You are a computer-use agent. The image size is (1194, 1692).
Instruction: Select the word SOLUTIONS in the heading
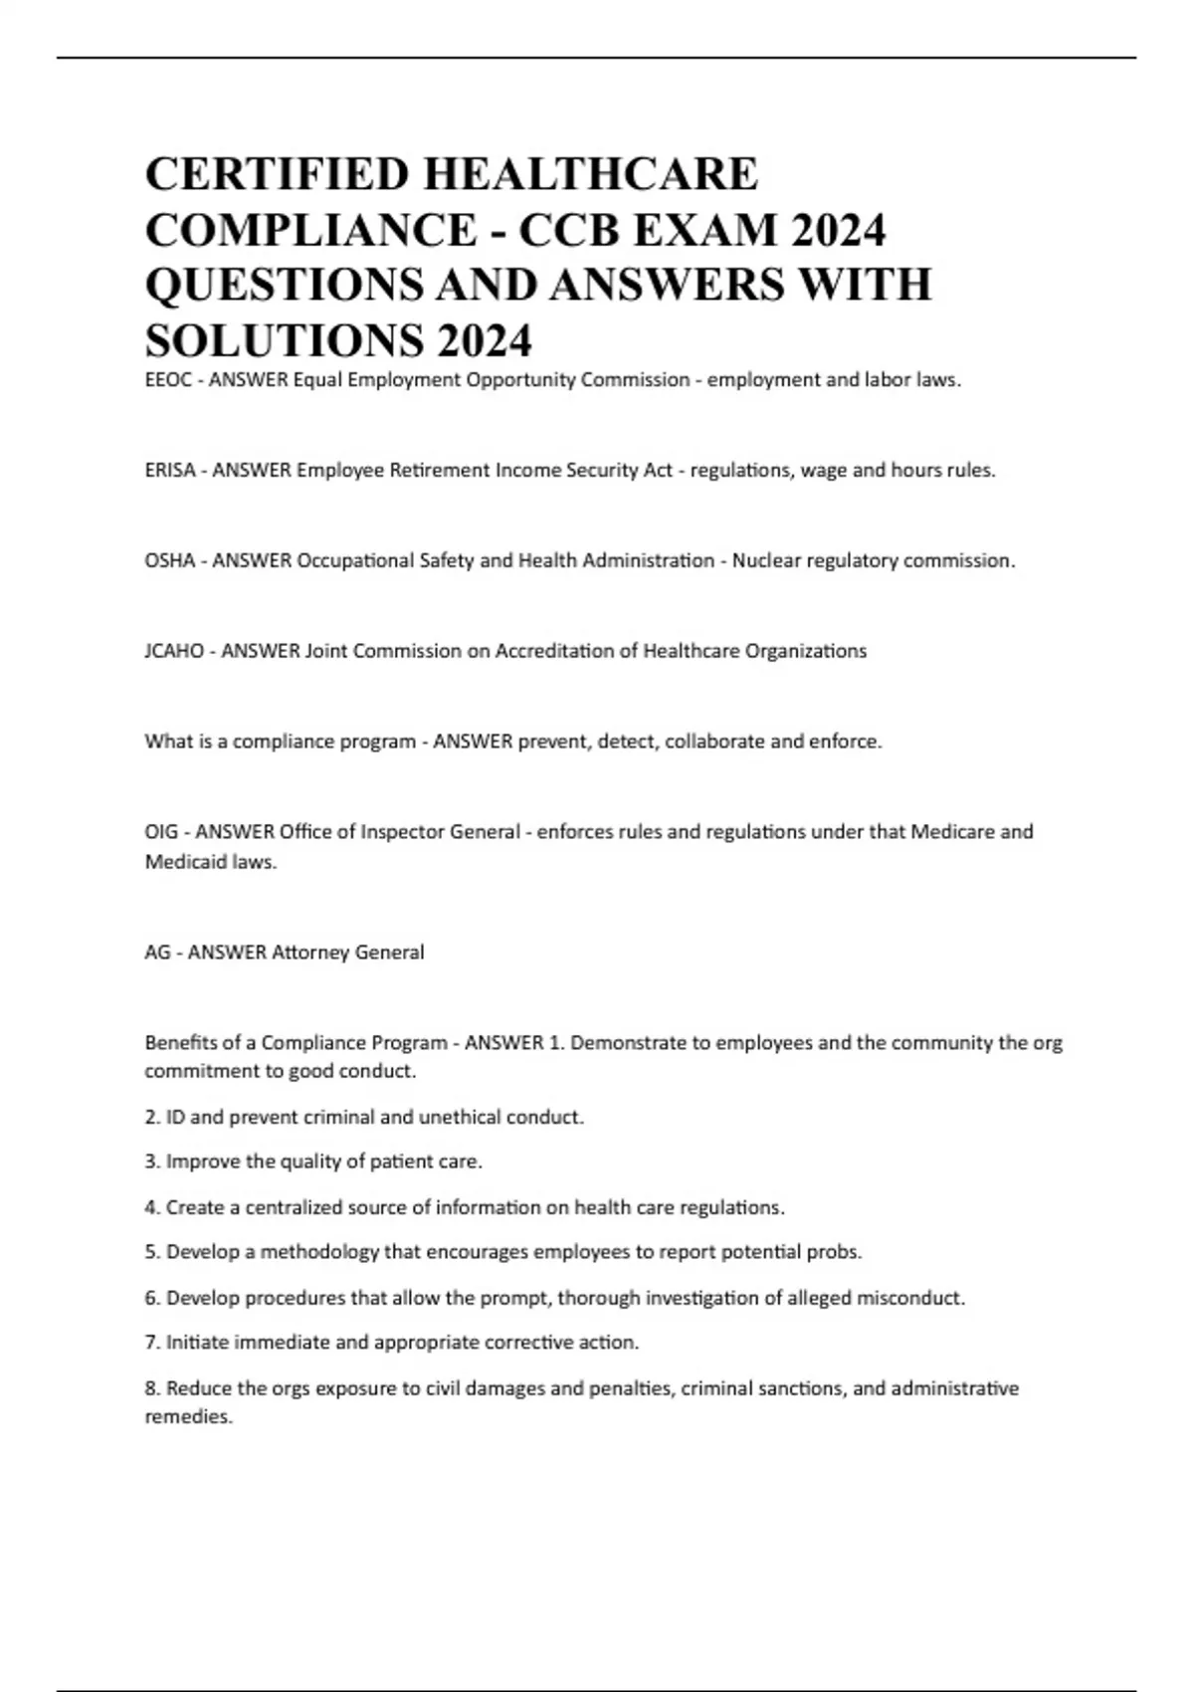(281, 341)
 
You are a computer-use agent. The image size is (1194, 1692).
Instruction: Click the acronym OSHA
(170, 561)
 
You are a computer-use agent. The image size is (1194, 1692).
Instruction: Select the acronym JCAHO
(174, 652)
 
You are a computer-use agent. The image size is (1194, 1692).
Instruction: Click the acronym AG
(157, 952)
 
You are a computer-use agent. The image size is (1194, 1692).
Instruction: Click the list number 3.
(151, 1162)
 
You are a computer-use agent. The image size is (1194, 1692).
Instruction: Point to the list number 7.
(151, 1343)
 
